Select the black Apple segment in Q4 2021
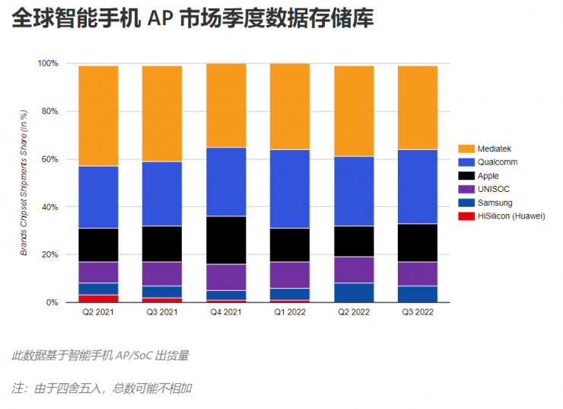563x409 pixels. [237, 240]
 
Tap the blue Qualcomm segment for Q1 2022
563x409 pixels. [301, 189]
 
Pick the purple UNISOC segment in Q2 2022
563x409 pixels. [364, 270]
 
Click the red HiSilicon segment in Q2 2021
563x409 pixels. [109, 299]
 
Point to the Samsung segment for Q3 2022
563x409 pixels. [428, 294]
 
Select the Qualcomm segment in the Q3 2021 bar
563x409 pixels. [173, 193]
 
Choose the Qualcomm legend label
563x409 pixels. [498, 162]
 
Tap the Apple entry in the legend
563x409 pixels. [488, 176]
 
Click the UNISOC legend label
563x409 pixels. [492, 189]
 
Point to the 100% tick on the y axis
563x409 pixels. [48, 63]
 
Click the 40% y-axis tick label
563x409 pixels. [50, 207]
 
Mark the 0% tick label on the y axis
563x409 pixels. [52, 302]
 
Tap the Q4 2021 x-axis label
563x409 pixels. [237, 312]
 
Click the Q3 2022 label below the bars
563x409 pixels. [428, 312]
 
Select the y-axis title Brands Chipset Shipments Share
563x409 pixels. [24, 183]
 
